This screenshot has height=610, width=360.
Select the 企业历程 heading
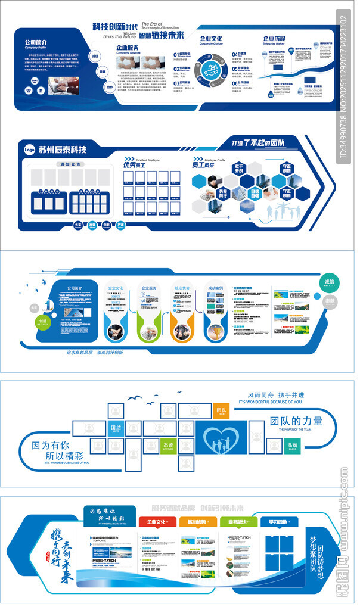coord(274,39)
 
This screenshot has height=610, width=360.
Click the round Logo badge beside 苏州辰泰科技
coord(29,150)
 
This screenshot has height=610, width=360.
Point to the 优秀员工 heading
coord(134,164)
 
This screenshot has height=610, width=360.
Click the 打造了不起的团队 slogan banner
coord(257,143)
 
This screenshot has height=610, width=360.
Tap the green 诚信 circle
coord(329,282)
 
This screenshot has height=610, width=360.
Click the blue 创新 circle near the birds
coord(43,320)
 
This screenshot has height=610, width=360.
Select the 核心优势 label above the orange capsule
coord(182,288)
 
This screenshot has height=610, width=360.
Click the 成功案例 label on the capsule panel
coord(215,288)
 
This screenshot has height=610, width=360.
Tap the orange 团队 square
coord(221,411)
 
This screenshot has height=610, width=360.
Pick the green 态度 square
coord(169,446)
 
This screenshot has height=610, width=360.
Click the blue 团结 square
coord(116,428)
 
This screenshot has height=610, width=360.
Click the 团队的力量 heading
coord(296,421)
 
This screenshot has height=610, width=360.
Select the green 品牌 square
coord(292,446)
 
